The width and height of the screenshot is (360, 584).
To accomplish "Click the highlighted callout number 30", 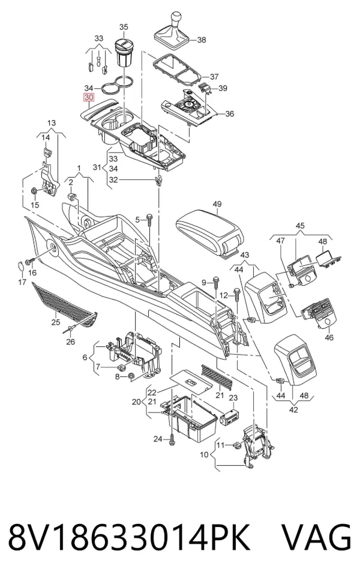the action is [x=89, y=98].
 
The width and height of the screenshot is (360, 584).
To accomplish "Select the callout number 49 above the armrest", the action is [x=217, y=203].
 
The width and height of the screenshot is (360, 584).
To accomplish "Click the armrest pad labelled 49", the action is [x=210, y=229].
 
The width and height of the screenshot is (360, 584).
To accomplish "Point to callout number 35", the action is [x=124, y=27].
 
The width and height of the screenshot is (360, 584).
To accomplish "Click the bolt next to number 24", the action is [x=171, y=439].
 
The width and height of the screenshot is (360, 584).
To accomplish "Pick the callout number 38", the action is [x=202, y=40].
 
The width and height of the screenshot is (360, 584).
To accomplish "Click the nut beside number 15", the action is [x=33, y=191].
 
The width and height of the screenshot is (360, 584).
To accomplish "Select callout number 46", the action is [x=329, y=337].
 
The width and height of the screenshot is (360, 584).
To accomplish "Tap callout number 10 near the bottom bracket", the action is [x=204, y=454].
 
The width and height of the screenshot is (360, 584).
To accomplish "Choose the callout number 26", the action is [x=70, y=342].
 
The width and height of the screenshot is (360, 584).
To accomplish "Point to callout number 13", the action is [x=52, y=122].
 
